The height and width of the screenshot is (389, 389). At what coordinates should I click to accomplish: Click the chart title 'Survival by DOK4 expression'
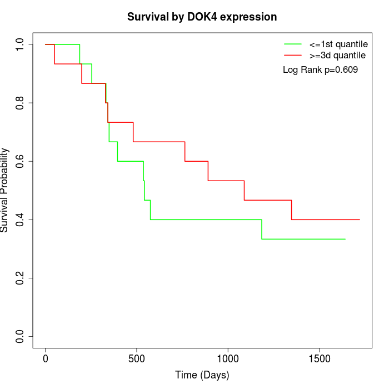(x=202, y=17)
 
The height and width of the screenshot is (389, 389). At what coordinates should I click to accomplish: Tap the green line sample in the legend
(x=292, y=43)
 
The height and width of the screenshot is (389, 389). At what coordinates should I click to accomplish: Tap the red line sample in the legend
(x=292, y=55)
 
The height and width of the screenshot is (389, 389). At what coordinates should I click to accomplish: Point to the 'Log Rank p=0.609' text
(x=320, y=70)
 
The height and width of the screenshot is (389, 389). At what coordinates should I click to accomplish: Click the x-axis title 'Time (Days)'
(x=202, y=375)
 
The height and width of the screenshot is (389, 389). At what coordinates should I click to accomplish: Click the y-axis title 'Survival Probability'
(x=5, y=190)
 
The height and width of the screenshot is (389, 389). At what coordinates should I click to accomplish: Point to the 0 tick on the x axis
(x=46, y=356)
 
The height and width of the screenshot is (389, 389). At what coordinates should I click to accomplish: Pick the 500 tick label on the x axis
(x=137, y=356)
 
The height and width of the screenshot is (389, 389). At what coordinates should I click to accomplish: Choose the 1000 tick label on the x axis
(x=228, y=356)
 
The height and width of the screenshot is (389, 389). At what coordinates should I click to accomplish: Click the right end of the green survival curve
(x=345, y=239)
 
